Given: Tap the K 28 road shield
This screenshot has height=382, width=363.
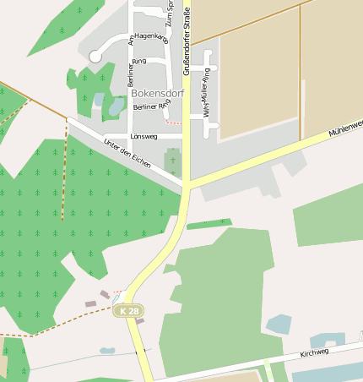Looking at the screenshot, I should pos(128,311).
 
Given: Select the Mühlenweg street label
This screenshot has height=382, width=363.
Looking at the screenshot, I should pos(345,128).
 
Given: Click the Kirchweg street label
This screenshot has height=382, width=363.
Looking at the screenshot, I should pos(317,349).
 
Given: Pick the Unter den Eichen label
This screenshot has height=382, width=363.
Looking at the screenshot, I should pos(127,151).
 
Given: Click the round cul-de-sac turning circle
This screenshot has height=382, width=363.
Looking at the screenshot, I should pos(95,56).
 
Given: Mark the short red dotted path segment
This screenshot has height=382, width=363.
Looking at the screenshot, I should pos(174,123).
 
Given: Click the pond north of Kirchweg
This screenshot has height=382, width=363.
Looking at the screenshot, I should pos(278,324).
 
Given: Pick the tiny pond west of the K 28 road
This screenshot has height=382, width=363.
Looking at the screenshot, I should pos(107,350).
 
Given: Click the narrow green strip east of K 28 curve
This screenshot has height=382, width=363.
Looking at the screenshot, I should pos(209,224).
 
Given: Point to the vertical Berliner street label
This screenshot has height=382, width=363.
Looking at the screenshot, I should pos(130,74).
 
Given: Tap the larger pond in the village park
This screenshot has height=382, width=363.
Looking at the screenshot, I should pos(116,107).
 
